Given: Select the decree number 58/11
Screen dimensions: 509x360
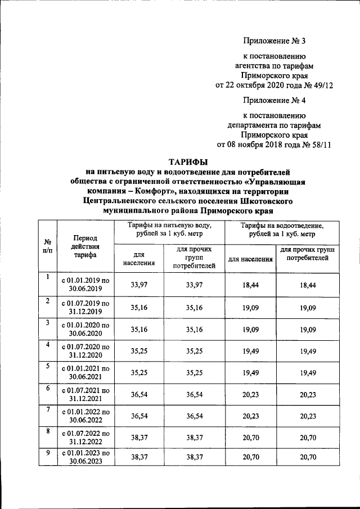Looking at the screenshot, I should (318, 145).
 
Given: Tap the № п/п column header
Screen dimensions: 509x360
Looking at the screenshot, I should (48, 246).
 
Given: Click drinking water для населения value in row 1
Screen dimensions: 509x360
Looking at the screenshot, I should (138, 285).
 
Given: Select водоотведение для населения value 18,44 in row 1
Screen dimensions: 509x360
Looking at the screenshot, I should (250, 286).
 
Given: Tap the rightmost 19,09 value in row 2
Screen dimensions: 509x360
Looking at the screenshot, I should (308, 307).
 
